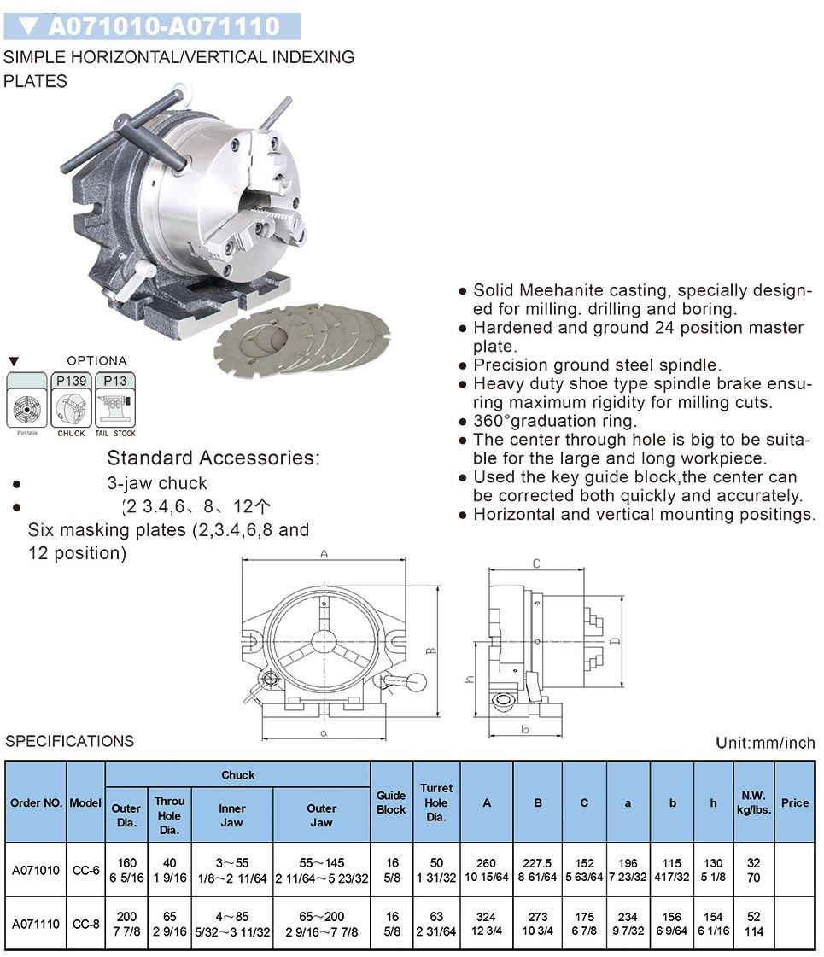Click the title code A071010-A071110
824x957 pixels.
(164, 26)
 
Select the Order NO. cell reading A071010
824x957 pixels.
(36, 870)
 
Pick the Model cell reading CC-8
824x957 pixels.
(85, 923)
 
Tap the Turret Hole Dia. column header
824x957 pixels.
(435, 802)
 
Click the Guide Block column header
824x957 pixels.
(391, 802)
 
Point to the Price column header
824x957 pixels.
(794, 802)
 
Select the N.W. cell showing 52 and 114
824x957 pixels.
(754, 924)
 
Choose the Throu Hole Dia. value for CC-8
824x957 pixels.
(169, 924)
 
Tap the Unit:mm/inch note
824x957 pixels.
(765, 743)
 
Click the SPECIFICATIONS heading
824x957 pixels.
(70, 741)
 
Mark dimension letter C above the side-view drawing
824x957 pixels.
(535, 563)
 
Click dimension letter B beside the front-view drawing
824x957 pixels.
(432, 651)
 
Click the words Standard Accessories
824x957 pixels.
(213, 458)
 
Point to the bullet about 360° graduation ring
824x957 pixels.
(555, 421)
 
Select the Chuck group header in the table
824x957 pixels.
(237, 775)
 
